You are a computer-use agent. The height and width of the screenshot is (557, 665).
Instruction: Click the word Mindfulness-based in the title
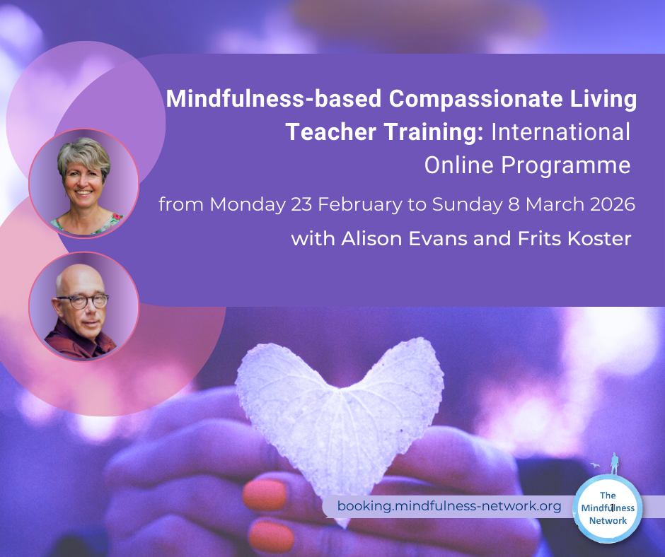(x=274, y=99)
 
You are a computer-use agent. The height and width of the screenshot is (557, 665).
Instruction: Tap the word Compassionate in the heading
(x=475, y=100)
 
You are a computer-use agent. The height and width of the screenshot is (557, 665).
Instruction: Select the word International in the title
(x=561, y=132)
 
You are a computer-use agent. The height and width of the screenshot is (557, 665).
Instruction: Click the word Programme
(x=566, y=165)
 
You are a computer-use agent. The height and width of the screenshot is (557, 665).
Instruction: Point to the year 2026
(x=613, y=204)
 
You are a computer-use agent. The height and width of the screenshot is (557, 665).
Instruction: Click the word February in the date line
(x=360, y=205)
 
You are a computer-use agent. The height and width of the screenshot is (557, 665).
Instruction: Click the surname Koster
(x=599, y=239)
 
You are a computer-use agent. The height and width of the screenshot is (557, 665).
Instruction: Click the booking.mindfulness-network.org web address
(x=449, y=505)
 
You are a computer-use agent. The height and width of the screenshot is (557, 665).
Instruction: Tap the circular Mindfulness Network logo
(x=608, y=508)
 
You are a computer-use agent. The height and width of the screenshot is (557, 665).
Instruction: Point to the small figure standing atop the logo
(x=614, y=464)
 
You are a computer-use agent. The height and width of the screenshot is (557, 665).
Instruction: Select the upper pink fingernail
(x=265, y=494)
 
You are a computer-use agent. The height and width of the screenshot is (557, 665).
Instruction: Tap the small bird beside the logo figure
(x=595, y=465)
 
